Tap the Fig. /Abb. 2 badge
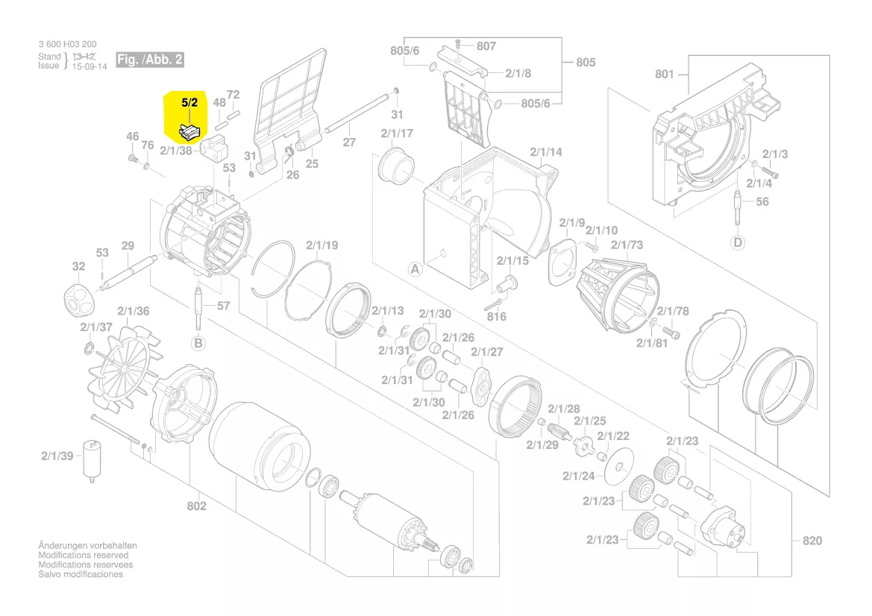149,59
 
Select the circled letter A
414,268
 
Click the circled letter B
198,343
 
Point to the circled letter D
738,242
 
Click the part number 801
664,74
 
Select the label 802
196,506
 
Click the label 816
496,316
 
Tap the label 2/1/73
627,245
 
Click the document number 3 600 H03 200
67,45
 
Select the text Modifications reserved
83,556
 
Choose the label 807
486,46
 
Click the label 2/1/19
321,245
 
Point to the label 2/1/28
563,409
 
